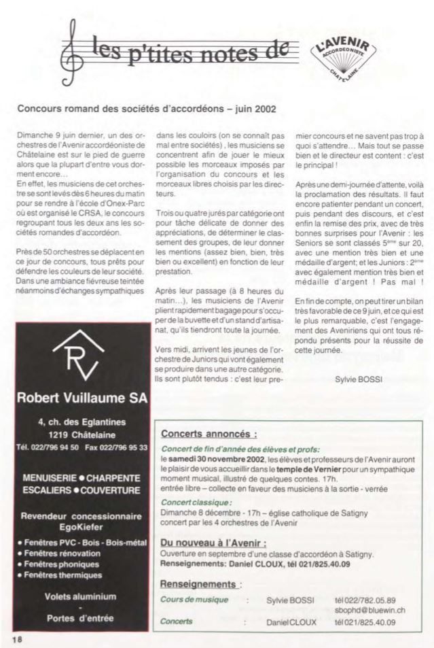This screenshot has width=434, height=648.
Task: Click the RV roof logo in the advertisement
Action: (79, 357)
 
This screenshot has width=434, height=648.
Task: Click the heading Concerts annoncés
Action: (208, 434)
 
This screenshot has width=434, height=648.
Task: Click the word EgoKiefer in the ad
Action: (79, 526)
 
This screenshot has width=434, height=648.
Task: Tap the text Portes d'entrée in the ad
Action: (79, 618)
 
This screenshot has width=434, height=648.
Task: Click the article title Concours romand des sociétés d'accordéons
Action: (146, 108)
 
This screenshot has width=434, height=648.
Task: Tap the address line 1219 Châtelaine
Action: (80, 434)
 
